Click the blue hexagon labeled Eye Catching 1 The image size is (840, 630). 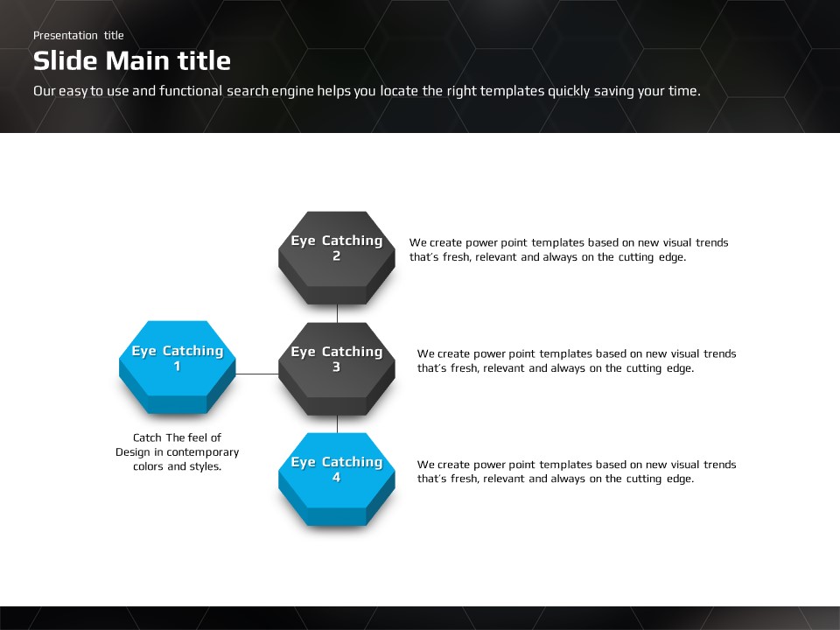coord(178,367)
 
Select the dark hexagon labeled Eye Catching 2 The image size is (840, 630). coord(336,257)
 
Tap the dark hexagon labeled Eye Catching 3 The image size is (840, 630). coord(336,368)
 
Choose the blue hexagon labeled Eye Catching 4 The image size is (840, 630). coord(336,479)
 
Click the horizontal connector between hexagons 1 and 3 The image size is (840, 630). coord(257,374)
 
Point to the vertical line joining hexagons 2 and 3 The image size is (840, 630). coord(337,313)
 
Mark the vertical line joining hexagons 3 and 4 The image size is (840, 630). coord(337,424)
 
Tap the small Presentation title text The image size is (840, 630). coord(78,35)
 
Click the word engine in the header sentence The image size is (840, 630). coord(292,91)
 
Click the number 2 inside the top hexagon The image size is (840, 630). coord(336,256)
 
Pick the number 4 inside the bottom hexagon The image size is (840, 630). coord(336,478)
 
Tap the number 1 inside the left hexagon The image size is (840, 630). coord(178,367)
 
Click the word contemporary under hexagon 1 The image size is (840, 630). coord(202,452)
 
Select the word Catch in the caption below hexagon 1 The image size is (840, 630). coord(147,437)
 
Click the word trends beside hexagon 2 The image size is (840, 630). coord(712,242)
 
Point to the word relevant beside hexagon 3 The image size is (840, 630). coord(504,368)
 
